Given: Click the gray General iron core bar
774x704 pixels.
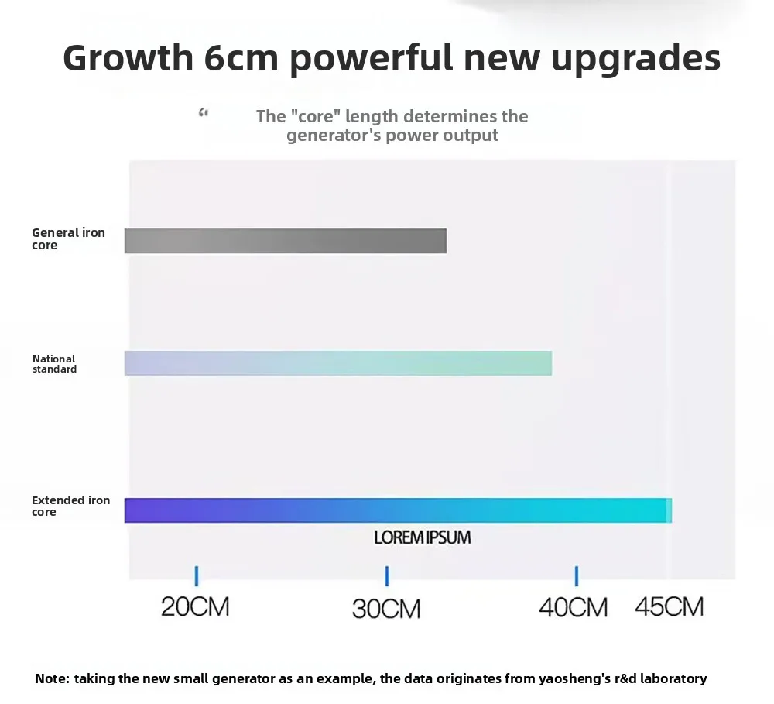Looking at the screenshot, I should click(286, 241).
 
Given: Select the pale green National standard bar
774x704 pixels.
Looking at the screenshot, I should click(338, 363).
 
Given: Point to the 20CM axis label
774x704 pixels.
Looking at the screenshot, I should click(195, 606).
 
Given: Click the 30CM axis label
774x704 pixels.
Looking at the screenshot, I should click(386, 608).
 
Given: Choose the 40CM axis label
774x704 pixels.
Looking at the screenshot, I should click(574, 607).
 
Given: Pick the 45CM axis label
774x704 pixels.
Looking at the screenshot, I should click(670, 606).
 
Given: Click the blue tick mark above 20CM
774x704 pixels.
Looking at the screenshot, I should click(197, 575).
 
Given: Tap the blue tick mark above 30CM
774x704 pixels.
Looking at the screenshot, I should click(386, 575).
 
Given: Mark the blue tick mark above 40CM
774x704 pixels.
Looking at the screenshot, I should click(576, 575).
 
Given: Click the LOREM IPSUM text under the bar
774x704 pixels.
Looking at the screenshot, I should click(422, 537).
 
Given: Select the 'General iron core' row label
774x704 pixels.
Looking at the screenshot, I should click(68, 239).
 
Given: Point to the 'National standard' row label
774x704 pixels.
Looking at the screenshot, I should click(54, 364).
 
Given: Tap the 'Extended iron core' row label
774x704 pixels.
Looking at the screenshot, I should click(70, 506).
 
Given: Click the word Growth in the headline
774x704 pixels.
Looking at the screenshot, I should click(128, 58).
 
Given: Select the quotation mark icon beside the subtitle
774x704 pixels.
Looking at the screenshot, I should click(204, 114).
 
